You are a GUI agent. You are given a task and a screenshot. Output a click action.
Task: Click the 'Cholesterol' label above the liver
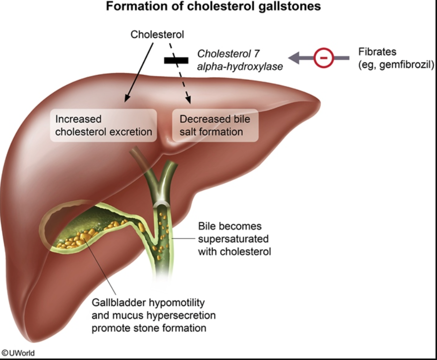click(x=157, y=35)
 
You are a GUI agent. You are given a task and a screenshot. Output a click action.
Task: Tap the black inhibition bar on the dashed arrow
click(x=176, y=60)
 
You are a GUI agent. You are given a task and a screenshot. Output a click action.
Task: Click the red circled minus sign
click(x=323, y=58)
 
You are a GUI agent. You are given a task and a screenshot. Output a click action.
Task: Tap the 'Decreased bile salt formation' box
click(x=215, y=125)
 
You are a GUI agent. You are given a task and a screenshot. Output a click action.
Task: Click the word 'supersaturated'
click(x=229, y=239)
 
